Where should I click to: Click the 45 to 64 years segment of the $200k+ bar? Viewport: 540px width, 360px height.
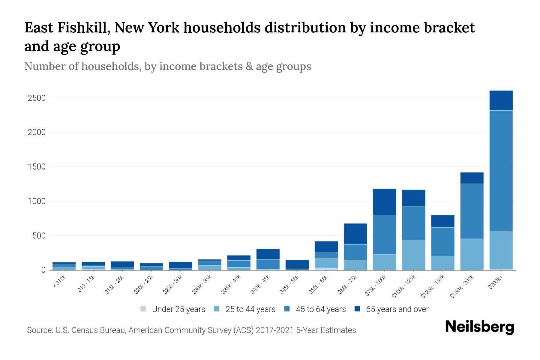501,170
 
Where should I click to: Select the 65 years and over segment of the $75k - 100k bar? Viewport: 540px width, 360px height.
384,202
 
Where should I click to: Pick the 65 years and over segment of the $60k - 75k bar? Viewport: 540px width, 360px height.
355,234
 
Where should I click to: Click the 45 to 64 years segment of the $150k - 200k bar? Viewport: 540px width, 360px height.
472,211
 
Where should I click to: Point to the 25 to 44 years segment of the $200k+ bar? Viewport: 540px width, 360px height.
501,250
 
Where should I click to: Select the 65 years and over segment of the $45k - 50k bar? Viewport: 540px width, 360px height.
297,264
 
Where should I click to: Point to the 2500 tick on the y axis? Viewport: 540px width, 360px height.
36,98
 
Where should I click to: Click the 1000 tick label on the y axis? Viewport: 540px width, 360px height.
36,201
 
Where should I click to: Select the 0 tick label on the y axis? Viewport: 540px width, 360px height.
43,270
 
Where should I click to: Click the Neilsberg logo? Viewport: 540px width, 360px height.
479,327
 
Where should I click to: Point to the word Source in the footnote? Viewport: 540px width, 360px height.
40,330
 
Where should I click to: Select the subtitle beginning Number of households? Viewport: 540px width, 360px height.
167,66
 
